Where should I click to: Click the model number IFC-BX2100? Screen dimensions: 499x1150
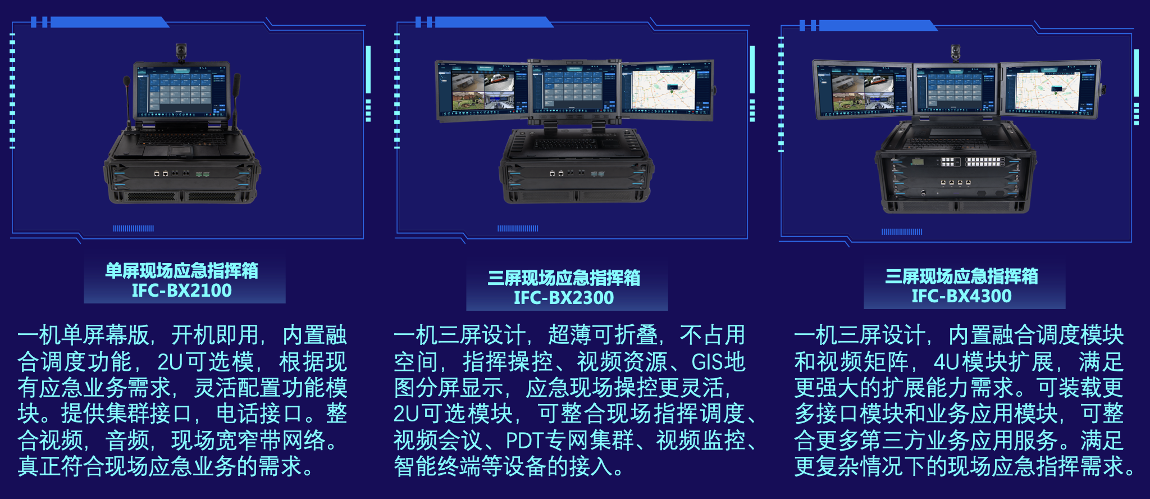(x=181, y=291)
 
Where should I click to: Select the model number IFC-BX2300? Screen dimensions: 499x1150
(x=564, y=298)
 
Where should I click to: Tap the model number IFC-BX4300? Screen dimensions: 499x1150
(x=961, y=296)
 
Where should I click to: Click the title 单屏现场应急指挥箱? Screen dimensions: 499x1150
(x=181, y=271)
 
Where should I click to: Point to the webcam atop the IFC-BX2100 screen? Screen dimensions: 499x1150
(x=181, y=52)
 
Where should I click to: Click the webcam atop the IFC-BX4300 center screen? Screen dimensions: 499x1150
(x=956, y=53)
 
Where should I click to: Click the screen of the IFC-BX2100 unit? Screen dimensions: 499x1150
(x=181, y=90)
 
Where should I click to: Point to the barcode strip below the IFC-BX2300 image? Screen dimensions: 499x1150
(x=517, y=229)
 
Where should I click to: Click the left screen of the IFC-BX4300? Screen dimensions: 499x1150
(x=861, y=90)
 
